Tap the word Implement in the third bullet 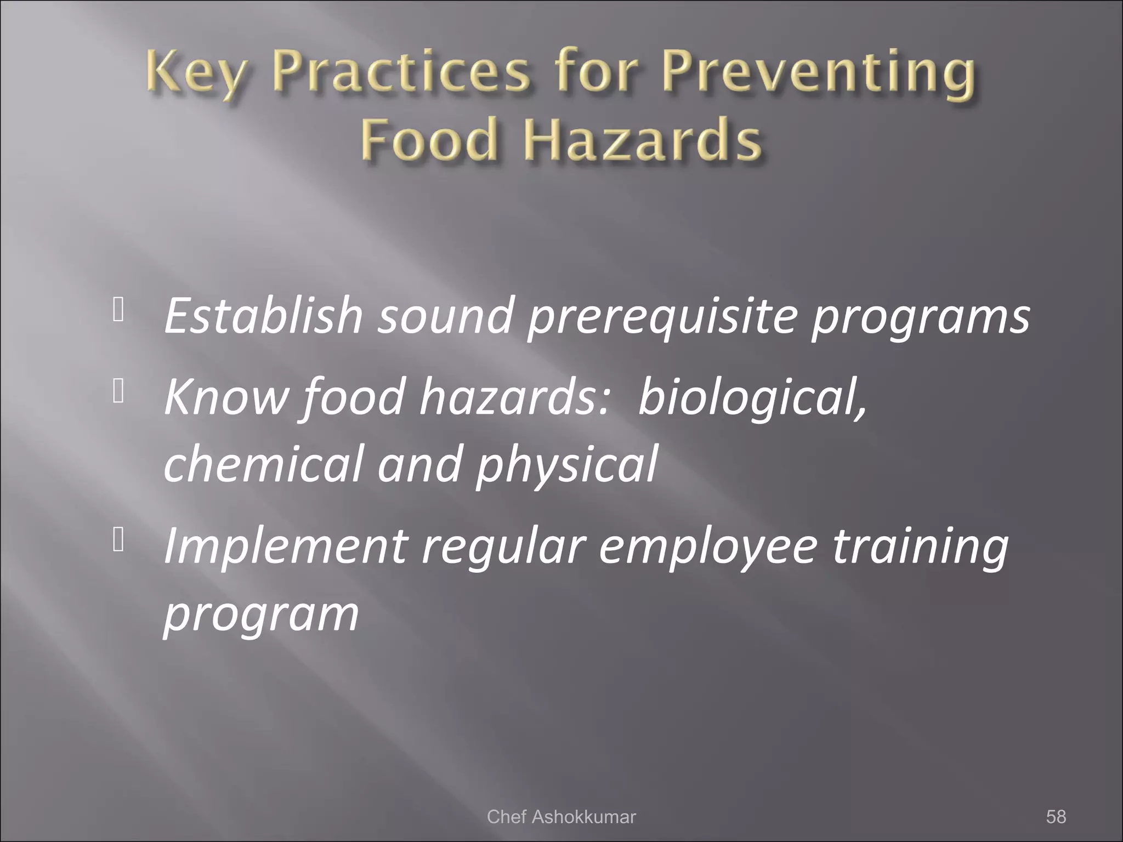pyautogui.click(x=285, y=547)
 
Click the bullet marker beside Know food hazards pyautogui.click(x=118, y=391)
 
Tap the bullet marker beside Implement pyautogui.click(x=118, y=541)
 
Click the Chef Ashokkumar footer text pyautogui.click(x=561, y=816)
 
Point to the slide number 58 pyautogui.click(x=1056, y=816)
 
